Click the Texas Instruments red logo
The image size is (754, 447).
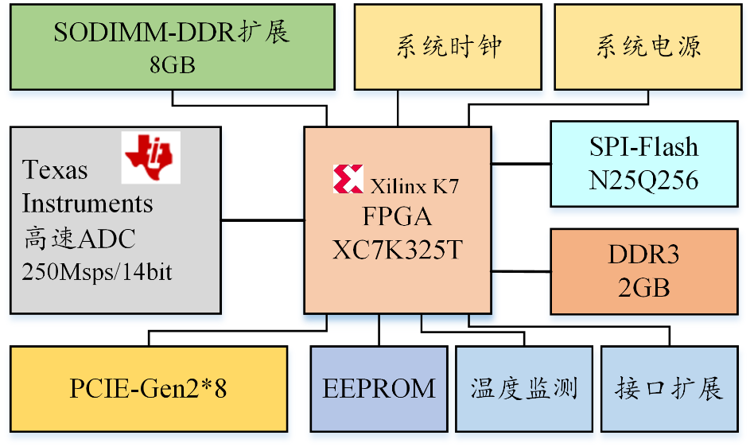151,157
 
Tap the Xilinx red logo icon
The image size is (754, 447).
348,180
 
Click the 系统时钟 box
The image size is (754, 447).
449,46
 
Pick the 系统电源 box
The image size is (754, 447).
648,46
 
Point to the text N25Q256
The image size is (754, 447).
643,181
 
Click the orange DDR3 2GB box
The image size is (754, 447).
643,271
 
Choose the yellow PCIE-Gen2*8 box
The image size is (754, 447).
149,389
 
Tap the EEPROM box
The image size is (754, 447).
379,389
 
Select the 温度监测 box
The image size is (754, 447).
523,389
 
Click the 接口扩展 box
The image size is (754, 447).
669,389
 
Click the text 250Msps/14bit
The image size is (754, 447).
98,272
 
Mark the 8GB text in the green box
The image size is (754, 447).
172,64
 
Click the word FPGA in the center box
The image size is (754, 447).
397,217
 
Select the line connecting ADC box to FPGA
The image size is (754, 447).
262,220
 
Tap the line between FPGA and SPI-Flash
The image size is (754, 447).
520,163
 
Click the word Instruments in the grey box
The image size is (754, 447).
87,204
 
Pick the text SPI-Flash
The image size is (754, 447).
643,147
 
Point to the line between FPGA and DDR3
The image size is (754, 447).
520,271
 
